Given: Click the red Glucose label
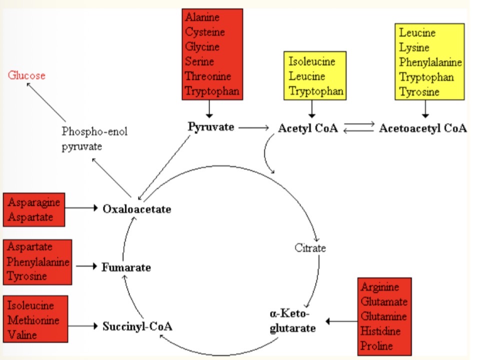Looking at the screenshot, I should (26, 75).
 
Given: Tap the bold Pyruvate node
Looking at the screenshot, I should (211, 127).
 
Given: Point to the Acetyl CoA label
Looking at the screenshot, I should (307, 128).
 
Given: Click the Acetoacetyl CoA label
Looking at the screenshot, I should (422, 128).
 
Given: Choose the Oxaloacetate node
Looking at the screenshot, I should (136, 208).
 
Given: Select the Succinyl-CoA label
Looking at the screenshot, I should (137, 327).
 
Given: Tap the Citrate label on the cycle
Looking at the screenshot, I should (310, 248).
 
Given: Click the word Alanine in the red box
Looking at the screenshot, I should (202, 17).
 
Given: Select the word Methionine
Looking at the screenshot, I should (33, 320).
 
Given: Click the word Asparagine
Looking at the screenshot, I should (34, 202).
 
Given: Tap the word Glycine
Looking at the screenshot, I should (202, 47).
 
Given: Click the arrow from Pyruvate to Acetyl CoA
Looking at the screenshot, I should (253, 128).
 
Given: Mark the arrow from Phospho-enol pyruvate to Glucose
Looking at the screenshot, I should (46, 102).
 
